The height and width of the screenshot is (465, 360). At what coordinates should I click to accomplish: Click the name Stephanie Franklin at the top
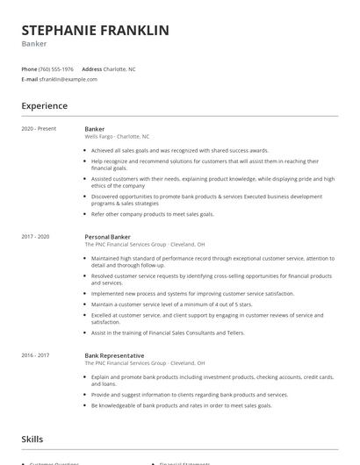(95, 31)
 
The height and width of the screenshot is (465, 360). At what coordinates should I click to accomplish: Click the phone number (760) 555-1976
(57, 69)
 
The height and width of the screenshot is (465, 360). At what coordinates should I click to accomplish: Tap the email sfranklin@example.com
(68, 79)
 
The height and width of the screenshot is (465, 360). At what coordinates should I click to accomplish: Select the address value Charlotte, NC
(119, 69)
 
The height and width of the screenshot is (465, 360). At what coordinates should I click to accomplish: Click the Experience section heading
(44, 106)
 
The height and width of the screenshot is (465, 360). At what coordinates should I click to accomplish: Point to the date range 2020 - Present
(40, 129)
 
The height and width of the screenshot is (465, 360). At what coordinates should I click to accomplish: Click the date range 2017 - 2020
(37, 237)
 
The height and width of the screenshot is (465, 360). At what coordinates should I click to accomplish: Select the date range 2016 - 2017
(37, 355)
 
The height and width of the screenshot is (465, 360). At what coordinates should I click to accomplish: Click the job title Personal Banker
(108, 237)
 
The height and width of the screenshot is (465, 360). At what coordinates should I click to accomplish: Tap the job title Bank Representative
(114, 355)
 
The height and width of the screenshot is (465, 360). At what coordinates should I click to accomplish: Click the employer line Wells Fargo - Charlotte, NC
(117, 137)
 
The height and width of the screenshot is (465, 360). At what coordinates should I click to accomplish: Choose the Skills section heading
(32, 439)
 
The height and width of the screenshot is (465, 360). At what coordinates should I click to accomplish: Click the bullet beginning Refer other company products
(152, 214)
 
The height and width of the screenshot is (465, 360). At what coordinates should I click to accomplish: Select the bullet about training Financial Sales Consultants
(168, 333)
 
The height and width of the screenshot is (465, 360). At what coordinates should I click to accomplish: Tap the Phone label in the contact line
(29, 69)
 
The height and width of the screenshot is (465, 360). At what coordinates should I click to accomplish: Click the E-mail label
(29, 79)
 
